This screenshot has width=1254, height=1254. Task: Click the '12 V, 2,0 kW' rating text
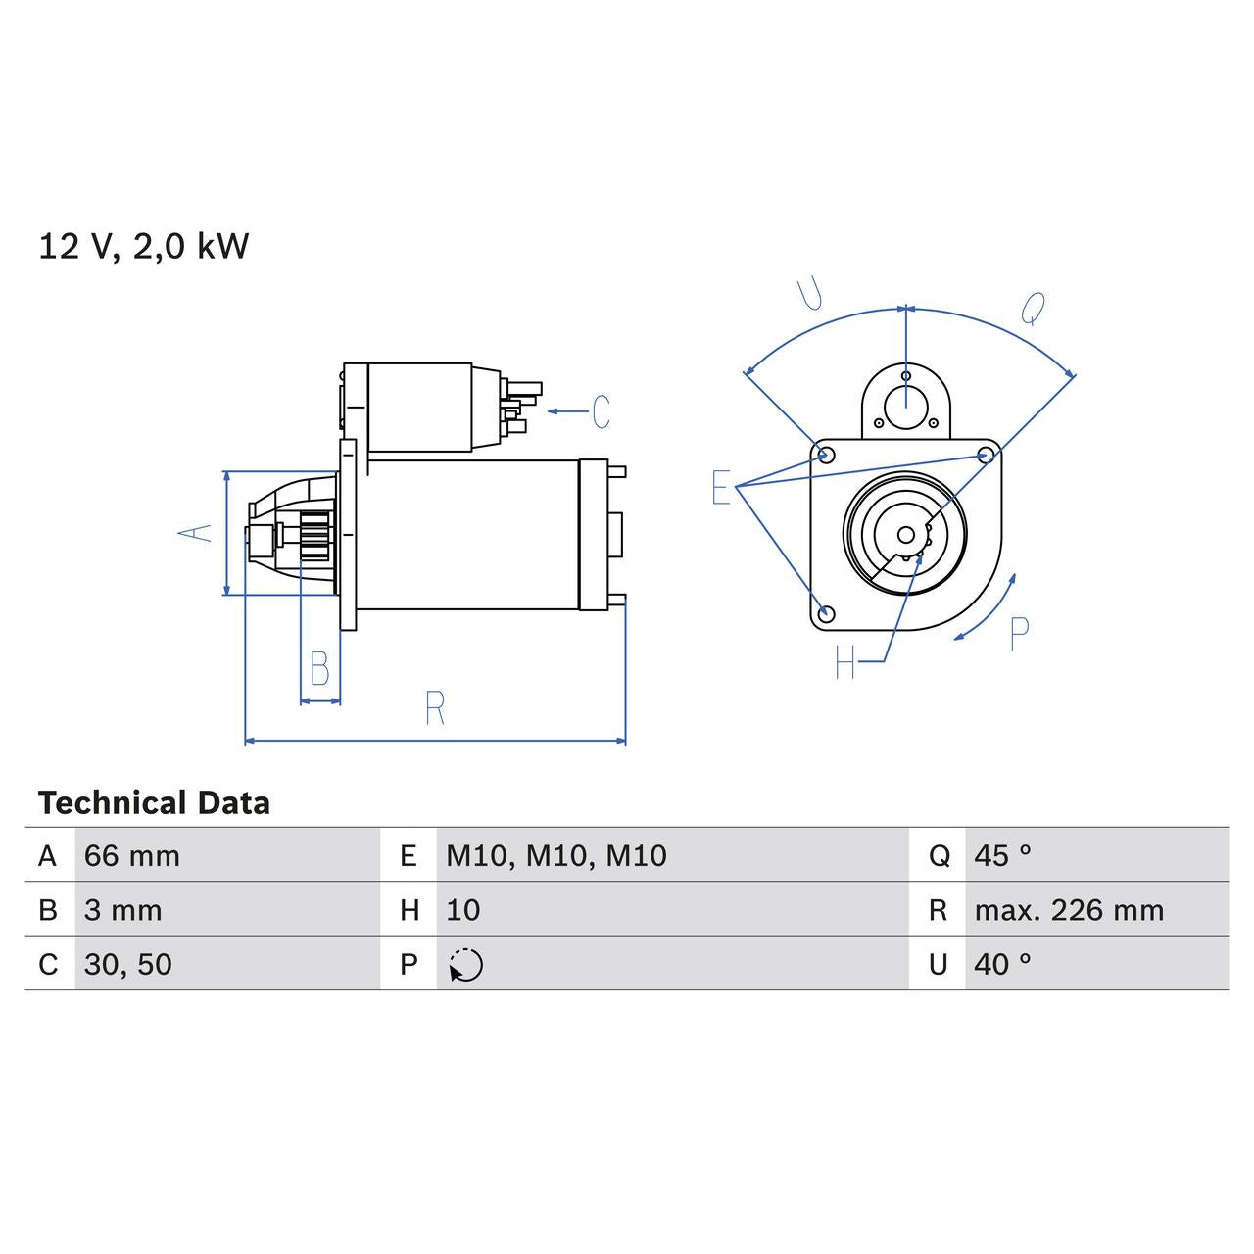(143, 246)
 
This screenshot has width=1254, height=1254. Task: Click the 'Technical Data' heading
(154, 803)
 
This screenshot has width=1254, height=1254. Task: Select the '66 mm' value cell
(132, 855)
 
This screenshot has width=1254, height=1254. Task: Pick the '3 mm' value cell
(122, 910)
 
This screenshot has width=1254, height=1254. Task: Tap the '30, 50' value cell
(128, 964)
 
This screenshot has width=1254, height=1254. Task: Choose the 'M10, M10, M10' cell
(555, 855)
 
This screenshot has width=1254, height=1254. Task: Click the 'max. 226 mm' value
(1068, 910)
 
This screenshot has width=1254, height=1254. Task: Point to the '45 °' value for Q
(1002, 855)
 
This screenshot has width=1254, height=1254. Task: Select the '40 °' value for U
(1002, 964)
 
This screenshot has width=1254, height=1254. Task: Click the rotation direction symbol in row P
(466, 965)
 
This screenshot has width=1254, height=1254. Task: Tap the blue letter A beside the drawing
(195, 532)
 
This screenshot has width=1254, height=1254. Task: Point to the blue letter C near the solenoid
(601, 411)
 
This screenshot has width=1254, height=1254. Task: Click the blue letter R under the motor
(435, 707)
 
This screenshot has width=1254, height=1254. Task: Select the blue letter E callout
(721, 487)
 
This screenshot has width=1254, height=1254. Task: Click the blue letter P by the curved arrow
(1019, 635)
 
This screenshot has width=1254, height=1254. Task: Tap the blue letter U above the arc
(810, 294)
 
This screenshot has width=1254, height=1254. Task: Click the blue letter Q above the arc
(1033, 308)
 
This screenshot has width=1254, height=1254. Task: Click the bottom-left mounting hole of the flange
(826, 613)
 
